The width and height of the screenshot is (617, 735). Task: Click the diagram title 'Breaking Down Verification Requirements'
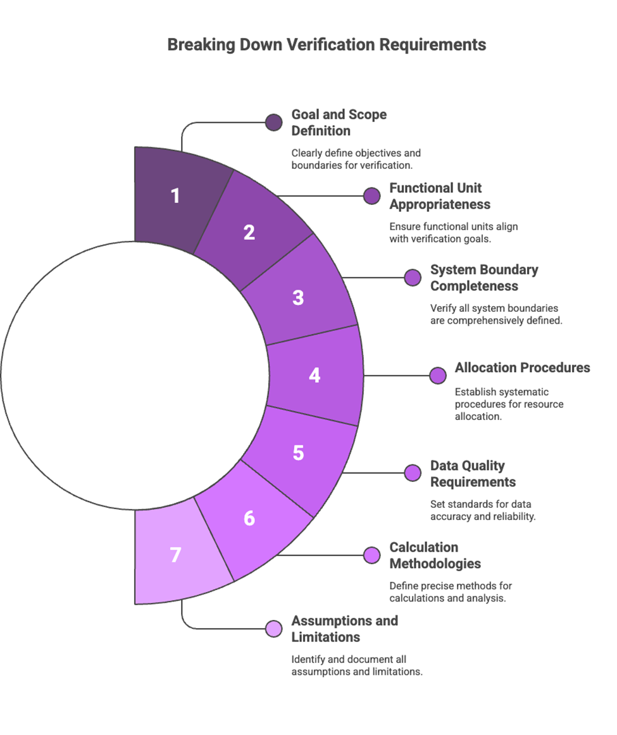(327, 45)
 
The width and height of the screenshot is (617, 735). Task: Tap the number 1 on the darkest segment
(175, 195)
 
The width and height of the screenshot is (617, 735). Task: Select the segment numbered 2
(249, 232)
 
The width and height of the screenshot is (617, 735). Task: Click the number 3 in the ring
(298, 297)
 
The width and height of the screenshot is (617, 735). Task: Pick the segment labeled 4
(315, 375)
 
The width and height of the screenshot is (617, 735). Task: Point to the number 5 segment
(298, 453)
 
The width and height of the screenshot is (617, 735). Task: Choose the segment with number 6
(249, 518)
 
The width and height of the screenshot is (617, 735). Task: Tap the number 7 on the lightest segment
(175, 555)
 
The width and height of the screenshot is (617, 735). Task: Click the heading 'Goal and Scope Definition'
(339, 123)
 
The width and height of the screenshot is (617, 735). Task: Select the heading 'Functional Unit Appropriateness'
(440, 196)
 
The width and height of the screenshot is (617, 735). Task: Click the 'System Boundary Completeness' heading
(484, 278)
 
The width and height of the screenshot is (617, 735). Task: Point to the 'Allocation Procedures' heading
(522, 367)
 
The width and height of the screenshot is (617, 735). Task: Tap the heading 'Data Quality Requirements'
(473, 474)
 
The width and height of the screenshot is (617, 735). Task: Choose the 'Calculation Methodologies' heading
(435, 555)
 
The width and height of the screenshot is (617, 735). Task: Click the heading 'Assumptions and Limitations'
(344, 629)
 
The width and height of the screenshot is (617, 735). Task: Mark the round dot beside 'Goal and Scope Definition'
(273, 123)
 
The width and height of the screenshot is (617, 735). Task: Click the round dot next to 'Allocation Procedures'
(437, 375)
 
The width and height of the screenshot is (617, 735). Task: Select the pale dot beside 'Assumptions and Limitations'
(273, 628)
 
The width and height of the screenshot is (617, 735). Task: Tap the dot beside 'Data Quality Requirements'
(413, 472)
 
